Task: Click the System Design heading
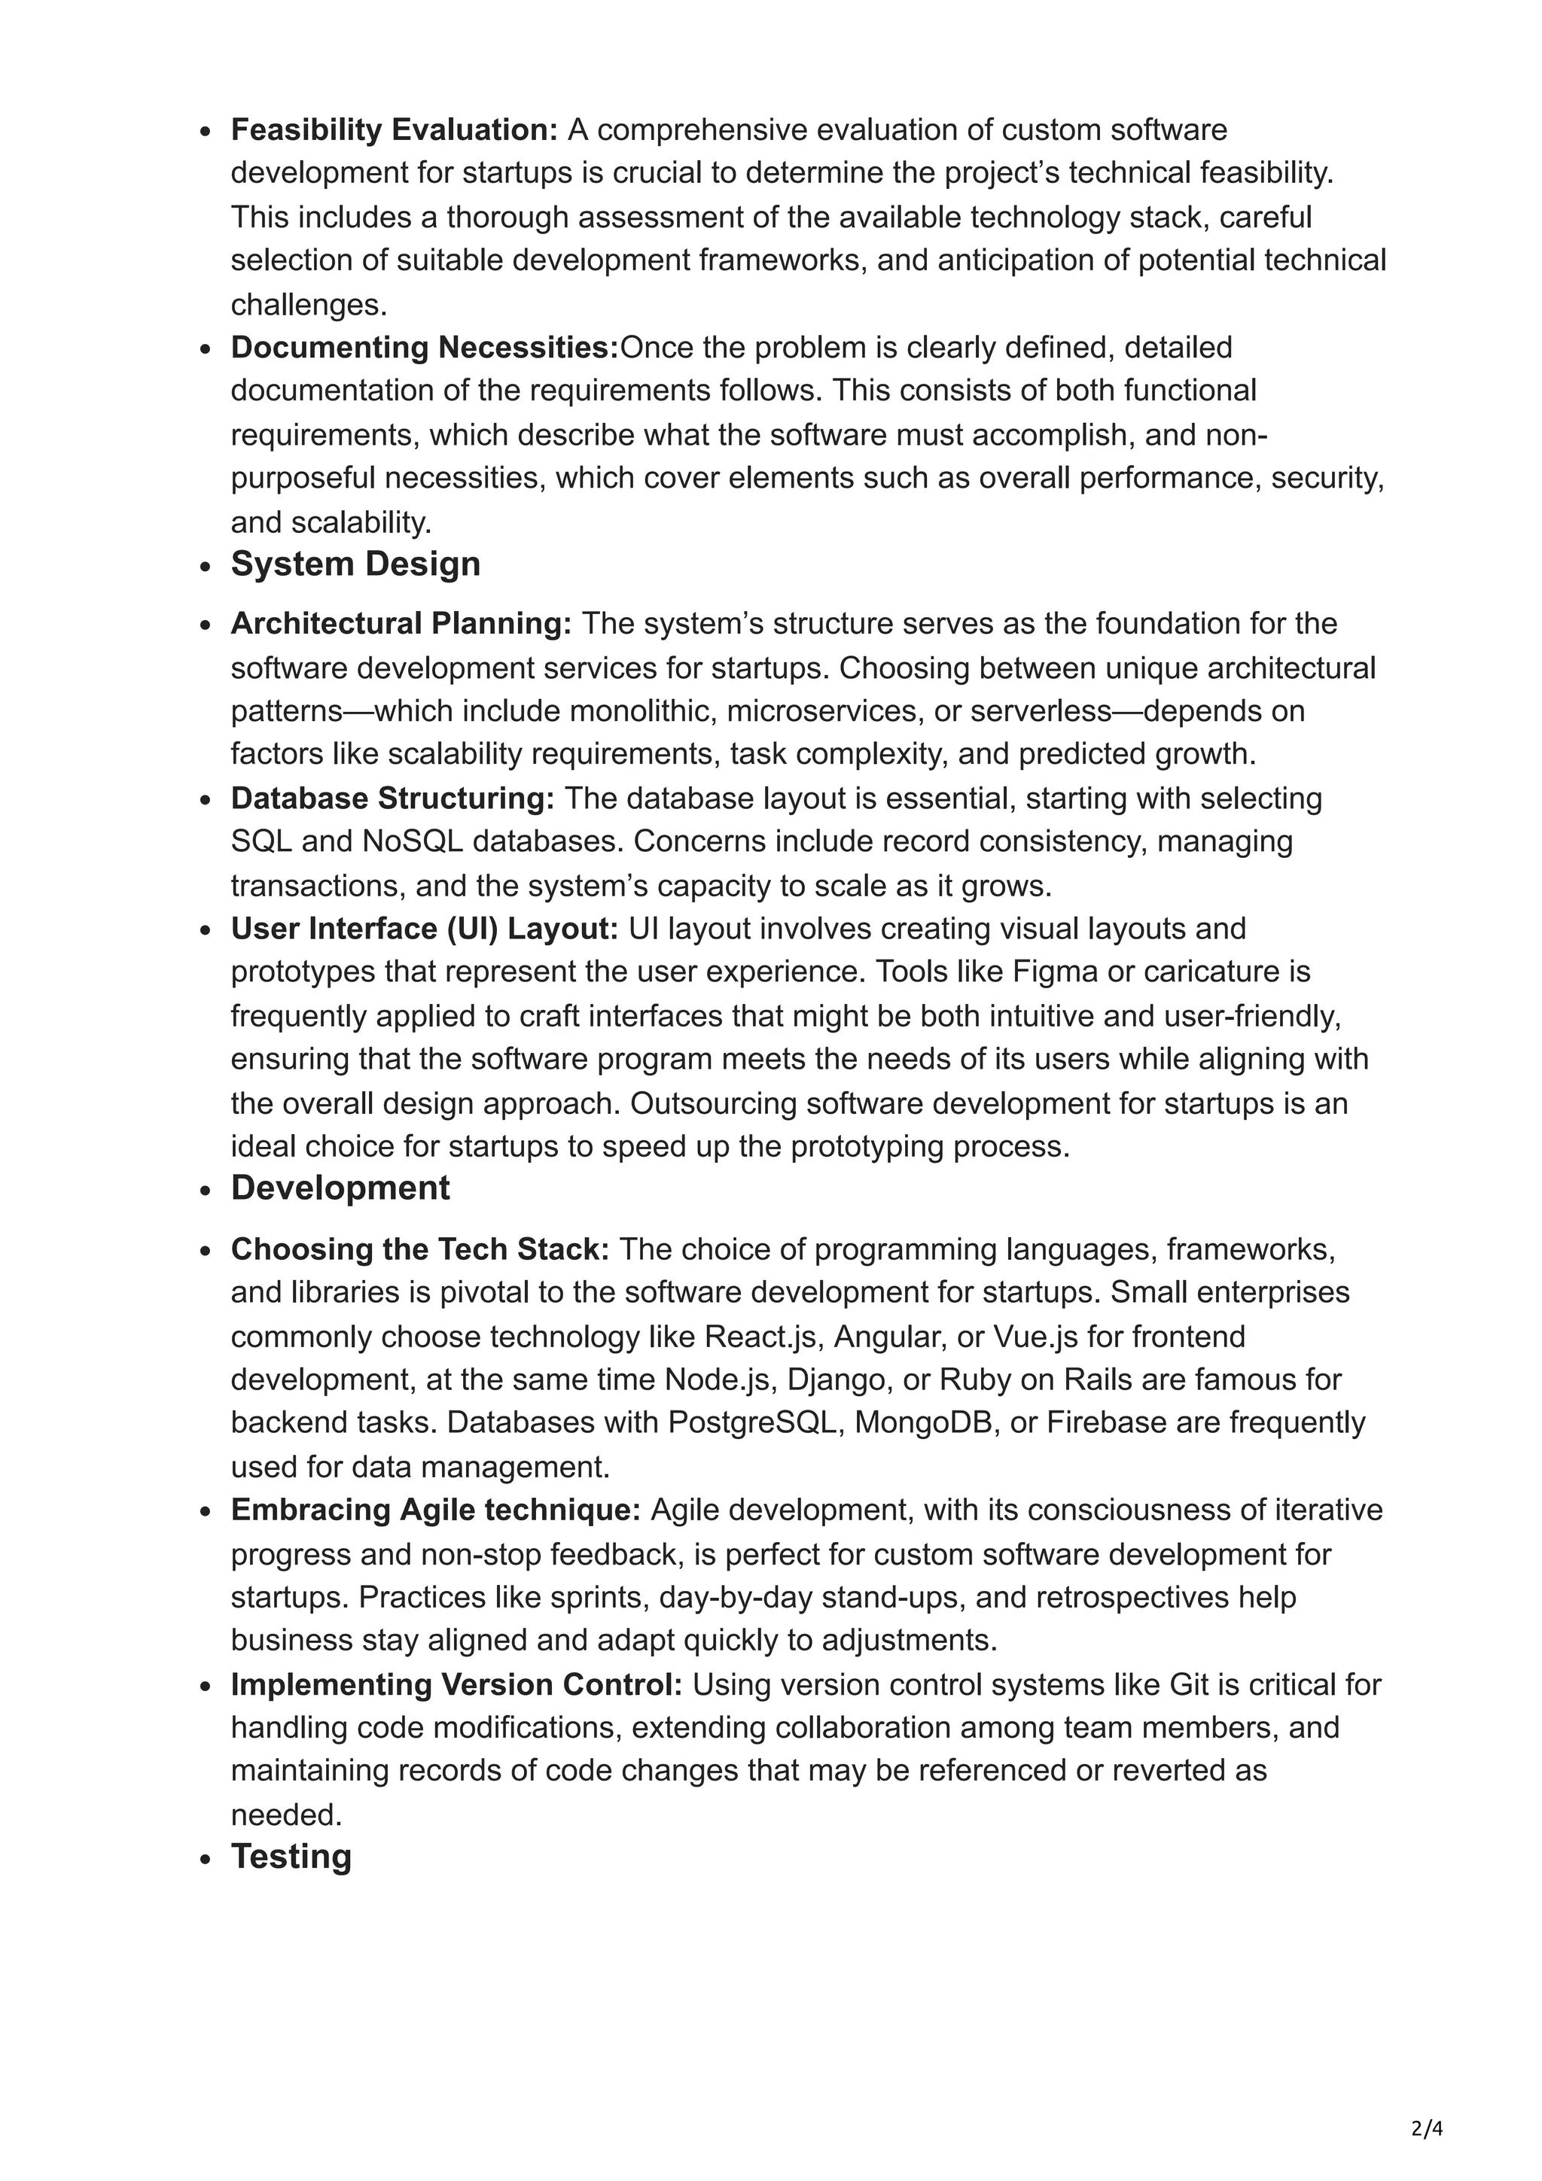(355, 564)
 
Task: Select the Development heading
(340, 1188)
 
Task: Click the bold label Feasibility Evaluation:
(393, 129)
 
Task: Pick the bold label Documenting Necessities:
(424, 348)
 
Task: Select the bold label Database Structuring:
(392, 799)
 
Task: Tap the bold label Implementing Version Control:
(456, 1684)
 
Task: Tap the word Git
(1189, 1684)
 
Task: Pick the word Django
(841, 1379)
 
